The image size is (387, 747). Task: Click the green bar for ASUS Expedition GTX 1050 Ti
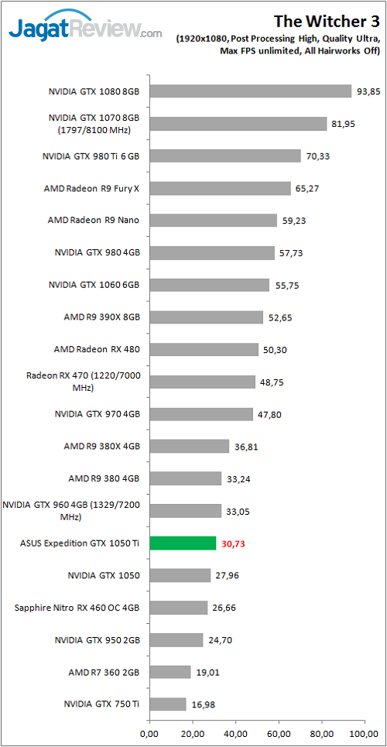click(x=182, y=543)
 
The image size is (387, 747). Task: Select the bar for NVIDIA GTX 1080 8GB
click(x=250, y=91)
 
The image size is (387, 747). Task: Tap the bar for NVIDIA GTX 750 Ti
click(x=167, y=704)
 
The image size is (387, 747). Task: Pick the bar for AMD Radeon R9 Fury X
click(x=220, y=188)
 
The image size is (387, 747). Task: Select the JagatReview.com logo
click(x=85, y=29)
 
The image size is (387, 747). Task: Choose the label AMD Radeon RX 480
click(x=97, y=349)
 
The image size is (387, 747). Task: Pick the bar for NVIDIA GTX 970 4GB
click(x=200, y=414)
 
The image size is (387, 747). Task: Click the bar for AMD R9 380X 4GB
click(x=189, y=446)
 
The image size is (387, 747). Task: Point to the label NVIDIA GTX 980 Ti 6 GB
click(x=91, y=156)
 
